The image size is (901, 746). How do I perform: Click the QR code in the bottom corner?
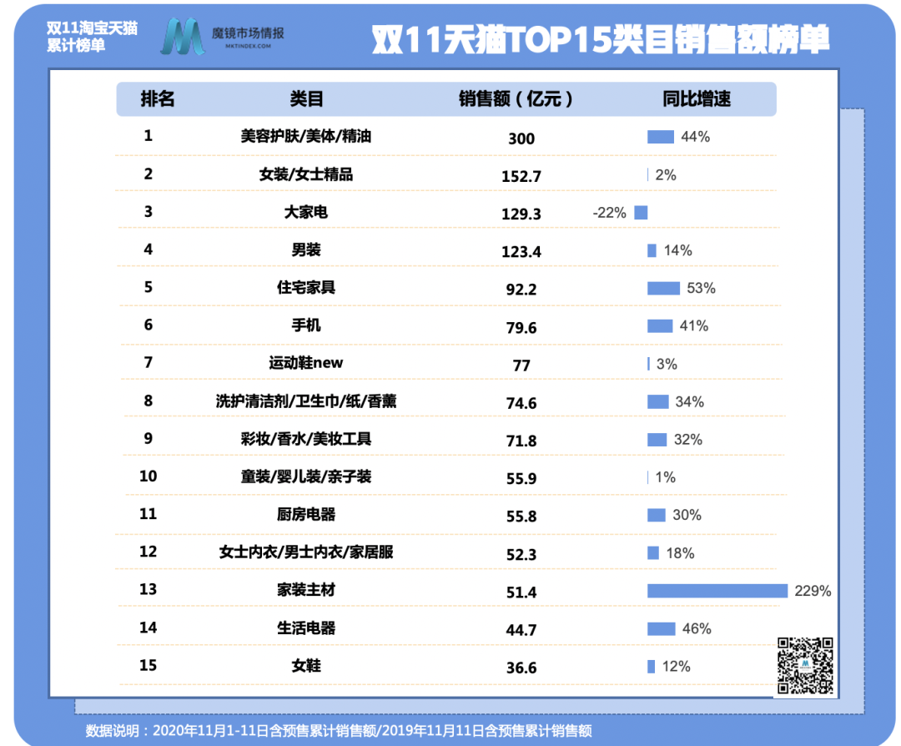pyautogui.click(x=805, y=666)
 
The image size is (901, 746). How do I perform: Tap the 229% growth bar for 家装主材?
pyautogui.click(x=717, y=591)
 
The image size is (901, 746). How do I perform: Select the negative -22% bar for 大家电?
pyautogui.click(x=641, y=213)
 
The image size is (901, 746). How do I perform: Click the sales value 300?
pyautogui.click(x=521, y=139)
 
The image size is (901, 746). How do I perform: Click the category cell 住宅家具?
pyautogui.click(x=306, y=288)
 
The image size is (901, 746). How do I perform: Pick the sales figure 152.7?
pyautogui.click(x=521, y=176)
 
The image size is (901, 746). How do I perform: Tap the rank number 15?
pyautogui.click(x=148, y=665)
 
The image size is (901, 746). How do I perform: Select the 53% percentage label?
pyautogui.click(x=702, y=289)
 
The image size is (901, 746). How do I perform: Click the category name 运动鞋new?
pyautogui.click(x=306, y=363)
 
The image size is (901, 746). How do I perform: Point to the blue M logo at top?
pyautogui.click(x=183, y=37)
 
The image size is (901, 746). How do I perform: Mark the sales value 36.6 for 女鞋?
pyautogui.click(x=521, y=668)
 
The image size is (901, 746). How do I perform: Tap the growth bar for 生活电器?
pyautogui.click(x=661, y=628)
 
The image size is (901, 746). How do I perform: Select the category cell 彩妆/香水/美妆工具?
pyautogui.click(x=306, y=439)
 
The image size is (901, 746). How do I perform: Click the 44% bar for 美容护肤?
pyautogui.click(x=660, y=137)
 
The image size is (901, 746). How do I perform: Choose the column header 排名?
pyautogui.click(x=158, y=99)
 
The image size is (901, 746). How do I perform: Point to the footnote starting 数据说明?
pyautogui.click(x=339, y=731)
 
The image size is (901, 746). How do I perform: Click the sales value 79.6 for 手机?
pyautogui.click(x=521, y=328)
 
